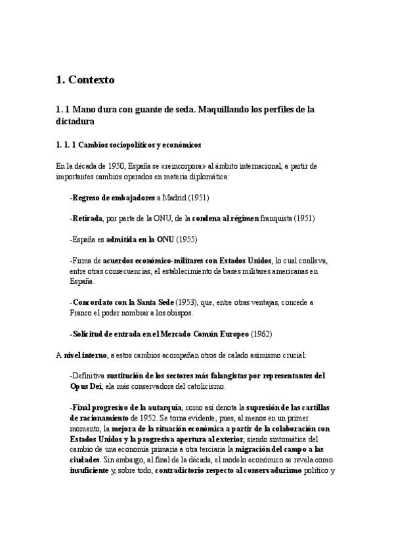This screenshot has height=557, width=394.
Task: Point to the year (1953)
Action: tap(186, 302)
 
